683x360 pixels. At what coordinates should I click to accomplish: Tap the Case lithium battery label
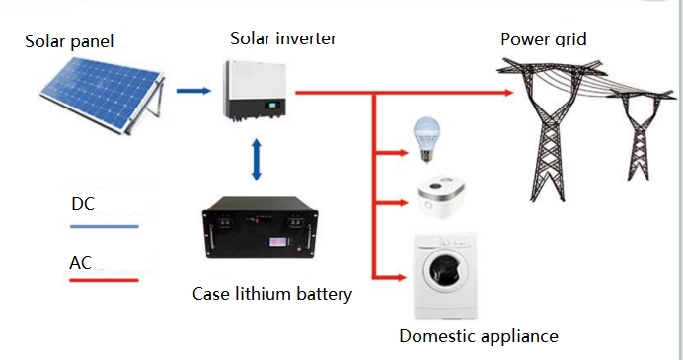click(x=271, y=294)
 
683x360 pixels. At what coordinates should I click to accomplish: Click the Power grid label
click(x=544, y=39)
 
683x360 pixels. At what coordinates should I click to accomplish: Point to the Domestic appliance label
click(x=478, y=336)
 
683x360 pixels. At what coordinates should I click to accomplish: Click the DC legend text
click(x=84, y=204)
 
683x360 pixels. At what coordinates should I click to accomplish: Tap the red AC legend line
click(x=104, y=280)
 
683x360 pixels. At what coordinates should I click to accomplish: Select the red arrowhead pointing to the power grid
click(x=508, y=94)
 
